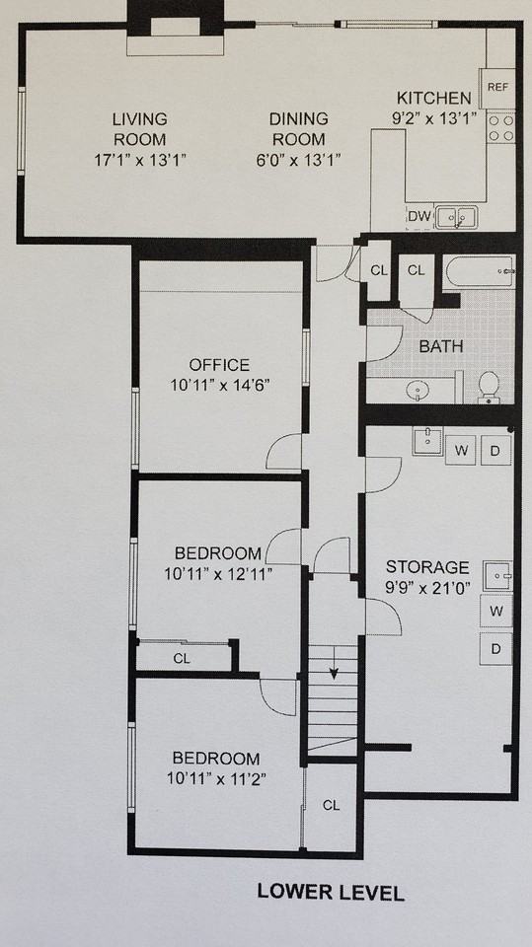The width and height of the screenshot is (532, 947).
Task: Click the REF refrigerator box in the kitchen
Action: pyautogui.click(x=497, y=87)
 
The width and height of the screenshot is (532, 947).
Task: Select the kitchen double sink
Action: pyautogui.click(x=457, y=216)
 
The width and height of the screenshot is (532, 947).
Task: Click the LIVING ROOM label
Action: pyautogui.click(x=139, y=129)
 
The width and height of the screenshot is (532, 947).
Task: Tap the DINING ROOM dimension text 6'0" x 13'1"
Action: pyautogui.click(x=298, y=159)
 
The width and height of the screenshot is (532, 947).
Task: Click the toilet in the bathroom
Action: pyautogui.click(x=489, y=387)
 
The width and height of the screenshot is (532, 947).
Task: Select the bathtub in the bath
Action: pyautogui.click(x=478, y=270)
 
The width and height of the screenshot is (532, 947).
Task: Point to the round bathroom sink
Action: pyautogui.click(x=418, y=391)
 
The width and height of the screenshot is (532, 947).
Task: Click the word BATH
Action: pyautogui.click(x=440, y=346)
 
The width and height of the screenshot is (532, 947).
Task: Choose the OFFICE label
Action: pyautogui.click(x=219, y=365)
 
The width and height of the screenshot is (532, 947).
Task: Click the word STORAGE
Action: pyautogui.click(x=426, y=567)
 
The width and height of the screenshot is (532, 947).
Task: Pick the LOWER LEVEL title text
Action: pyautogui.click(x=331, y=893)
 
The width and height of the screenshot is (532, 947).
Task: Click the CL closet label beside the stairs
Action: pyautogui.click(x=331, y=805)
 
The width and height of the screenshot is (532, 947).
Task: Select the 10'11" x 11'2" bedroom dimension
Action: pyautogui.click(x=216, y=778)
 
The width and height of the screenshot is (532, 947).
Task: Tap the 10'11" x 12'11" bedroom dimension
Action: pyautogui.click(x=218, y=572)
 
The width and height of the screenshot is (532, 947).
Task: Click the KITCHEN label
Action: pyautogui.click(x=434, y=98)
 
